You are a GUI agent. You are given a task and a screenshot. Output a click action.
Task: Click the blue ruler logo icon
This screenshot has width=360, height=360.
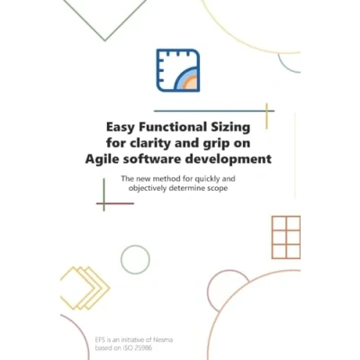pos(178,70)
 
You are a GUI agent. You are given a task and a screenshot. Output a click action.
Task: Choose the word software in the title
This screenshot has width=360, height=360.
pos(149,158)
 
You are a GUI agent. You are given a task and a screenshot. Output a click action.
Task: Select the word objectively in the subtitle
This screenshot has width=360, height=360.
pos(148,189)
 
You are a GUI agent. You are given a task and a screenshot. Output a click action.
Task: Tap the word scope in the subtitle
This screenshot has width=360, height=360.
pos(217,189)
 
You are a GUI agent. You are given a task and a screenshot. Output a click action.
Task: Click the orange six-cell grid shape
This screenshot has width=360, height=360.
pos(286,238)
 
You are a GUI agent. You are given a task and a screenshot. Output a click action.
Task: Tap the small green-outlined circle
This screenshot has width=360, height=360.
pos(135,260)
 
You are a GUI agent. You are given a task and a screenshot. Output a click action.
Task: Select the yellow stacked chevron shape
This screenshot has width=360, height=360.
pos(85,288)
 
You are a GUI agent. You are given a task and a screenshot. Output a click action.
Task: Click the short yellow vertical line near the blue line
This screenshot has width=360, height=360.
pos(266,116)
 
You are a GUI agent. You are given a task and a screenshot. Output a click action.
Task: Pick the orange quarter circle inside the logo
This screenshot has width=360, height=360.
pos(191,83)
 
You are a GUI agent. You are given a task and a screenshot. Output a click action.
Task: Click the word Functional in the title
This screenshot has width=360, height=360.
pos(173,128)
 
